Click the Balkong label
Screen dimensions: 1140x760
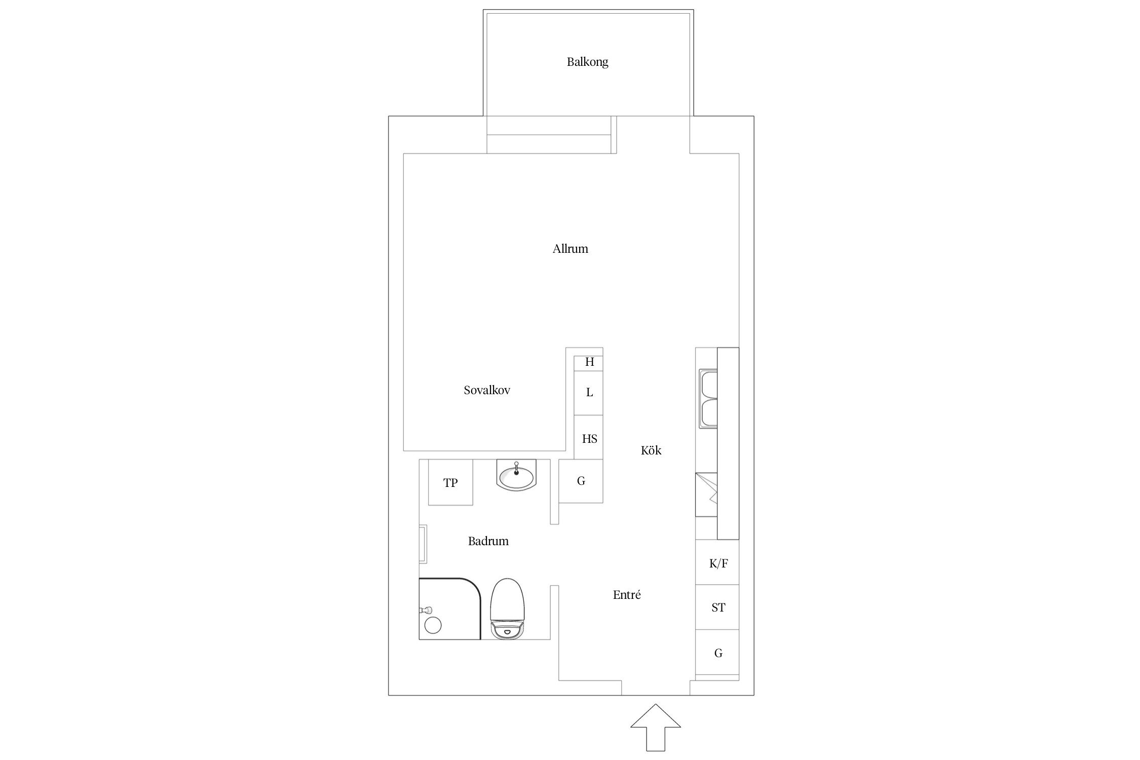coord(587,62)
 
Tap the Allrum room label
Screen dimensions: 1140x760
coord(570,249)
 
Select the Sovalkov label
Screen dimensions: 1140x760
coord(487,390)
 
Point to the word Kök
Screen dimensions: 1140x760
coord(651,450)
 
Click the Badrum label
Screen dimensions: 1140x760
coord(488,541)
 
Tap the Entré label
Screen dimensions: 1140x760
coord(627,595)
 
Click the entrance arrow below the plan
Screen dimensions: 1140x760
coord(656,734)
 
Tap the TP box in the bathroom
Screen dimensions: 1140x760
coord(450,482)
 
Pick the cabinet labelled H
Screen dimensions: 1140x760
coord(589,362)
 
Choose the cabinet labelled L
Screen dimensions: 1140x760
coord(589,393)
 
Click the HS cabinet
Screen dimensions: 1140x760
coord(589,438)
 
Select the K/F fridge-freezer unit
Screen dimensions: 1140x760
coord(717,562)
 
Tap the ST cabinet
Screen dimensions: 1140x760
coord(717,607)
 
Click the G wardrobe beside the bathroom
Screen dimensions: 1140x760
coord(581,481)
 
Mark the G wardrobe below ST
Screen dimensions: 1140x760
coord(717,652)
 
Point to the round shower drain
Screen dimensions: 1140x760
coord(433,626)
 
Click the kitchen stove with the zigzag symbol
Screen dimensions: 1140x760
coord(706,495)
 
